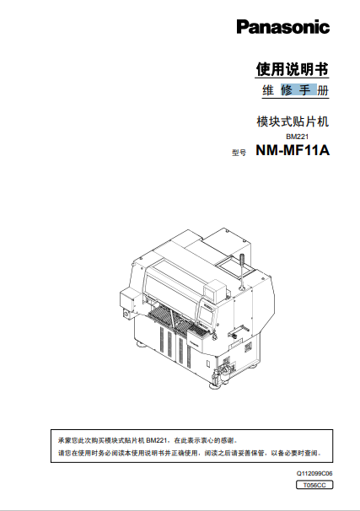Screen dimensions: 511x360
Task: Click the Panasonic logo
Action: click(282, 28)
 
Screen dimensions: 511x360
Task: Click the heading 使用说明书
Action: click(292, 68)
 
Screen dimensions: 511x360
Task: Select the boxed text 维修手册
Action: click(292, 89)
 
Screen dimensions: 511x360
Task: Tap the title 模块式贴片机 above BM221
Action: click(292, 121)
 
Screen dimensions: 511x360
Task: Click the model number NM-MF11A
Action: click(292, 153)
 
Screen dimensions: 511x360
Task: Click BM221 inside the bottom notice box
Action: click(158, 440)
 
